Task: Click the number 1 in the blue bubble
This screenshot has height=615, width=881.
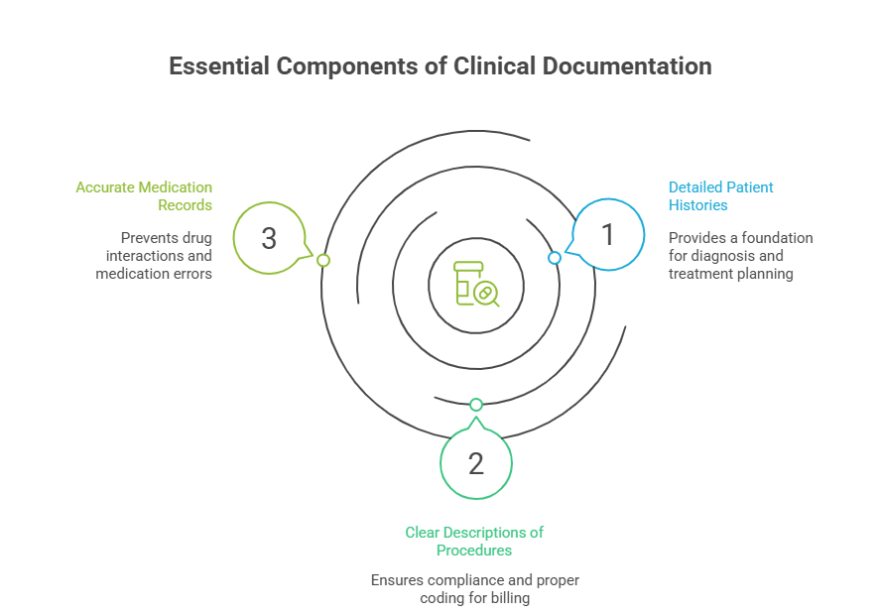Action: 608,235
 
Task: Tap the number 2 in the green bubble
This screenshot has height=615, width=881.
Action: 475,463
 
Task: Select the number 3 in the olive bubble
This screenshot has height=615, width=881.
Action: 269,239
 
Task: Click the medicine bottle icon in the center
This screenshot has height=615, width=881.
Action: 465,284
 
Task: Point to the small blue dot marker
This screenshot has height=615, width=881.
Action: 555,258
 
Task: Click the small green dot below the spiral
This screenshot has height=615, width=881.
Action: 476,405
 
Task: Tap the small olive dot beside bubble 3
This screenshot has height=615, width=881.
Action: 322,260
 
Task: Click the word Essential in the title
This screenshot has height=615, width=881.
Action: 218,66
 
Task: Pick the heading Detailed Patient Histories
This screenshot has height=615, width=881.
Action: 720,195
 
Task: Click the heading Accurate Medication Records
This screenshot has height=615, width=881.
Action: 144,195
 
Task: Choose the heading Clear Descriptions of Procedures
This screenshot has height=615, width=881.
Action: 474,541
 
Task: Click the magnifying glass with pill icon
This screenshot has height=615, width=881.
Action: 486,294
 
